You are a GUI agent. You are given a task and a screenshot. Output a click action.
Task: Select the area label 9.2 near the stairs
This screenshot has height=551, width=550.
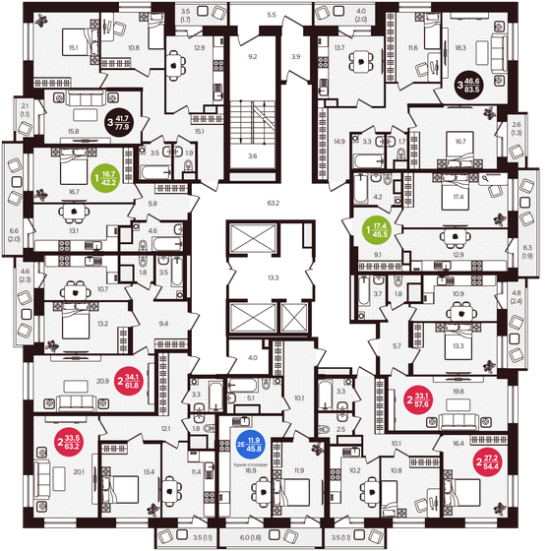[x=252, y=57]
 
